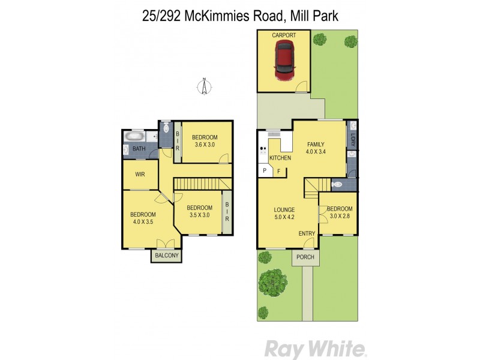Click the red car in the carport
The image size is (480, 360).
point(284,62)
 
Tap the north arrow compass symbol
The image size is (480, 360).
point(205,87)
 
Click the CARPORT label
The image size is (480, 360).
point(284,36)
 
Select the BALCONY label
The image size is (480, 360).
point(166,256)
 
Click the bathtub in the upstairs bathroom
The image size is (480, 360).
point(136,137)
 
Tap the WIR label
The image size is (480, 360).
point(140,175)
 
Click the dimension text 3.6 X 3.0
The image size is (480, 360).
point(206,145)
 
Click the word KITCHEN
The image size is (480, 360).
point(280,158)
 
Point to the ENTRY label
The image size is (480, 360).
point(307,234)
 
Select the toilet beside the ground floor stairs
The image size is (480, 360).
point(337,185)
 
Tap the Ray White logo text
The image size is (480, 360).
point(315,348)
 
